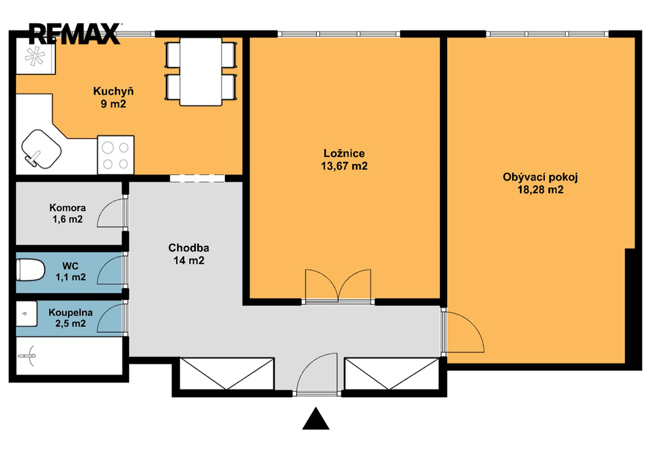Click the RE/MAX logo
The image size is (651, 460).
click(x=74, y=34)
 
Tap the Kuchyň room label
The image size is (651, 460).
click(x=113, y=91)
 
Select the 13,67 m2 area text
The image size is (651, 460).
click(x=344, y=166)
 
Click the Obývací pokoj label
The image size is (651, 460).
click(x=540, y=177)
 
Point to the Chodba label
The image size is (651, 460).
click(x=188, y=248)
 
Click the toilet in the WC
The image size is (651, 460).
click(x=31, y=269)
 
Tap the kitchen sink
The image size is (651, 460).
click(x=41, y=149)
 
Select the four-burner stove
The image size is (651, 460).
click(x=116, y=155)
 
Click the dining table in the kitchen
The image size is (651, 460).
click(x=200, y=71)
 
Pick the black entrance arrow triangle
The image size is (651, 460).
click(x=315, y=419)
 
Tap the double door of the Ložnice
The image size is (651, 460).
click(x=338, y=285)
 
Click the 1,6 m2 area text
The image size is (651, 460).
click(x=67, y=219)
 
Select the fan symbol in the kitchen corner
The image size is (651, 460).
click(x=35, y=55)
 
